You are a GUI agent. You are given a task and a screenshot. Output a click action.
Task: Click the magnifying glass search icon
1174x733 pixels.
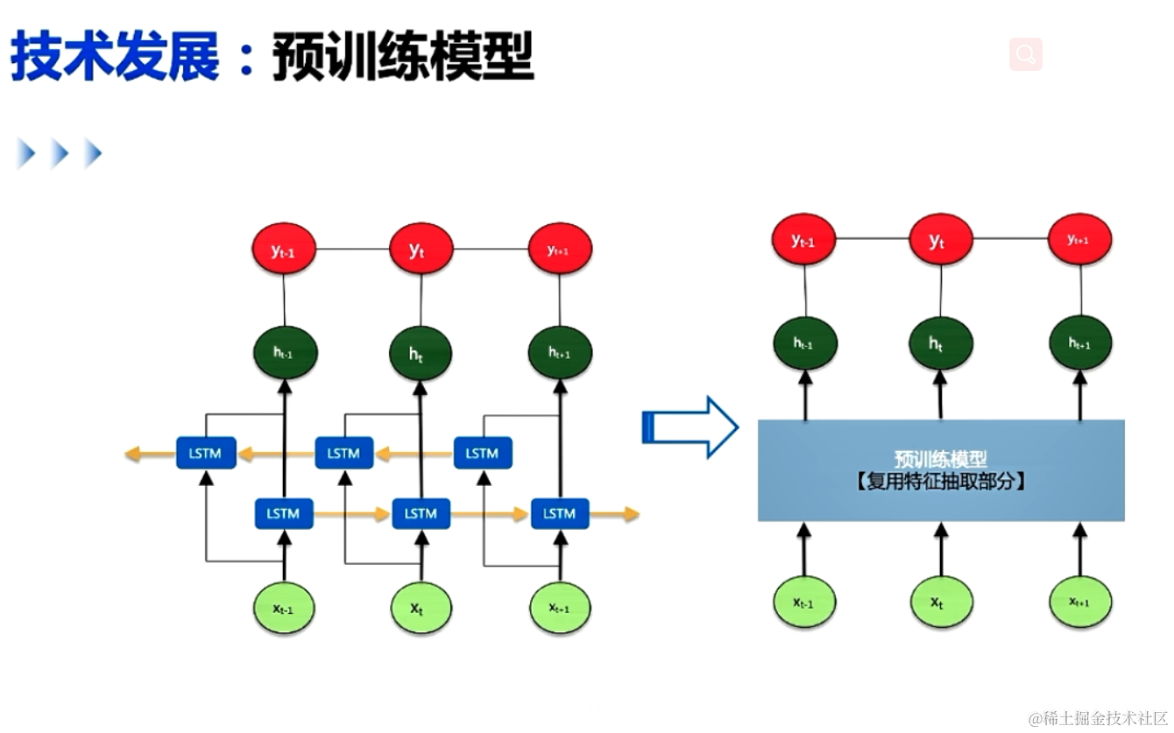coord(1025,54)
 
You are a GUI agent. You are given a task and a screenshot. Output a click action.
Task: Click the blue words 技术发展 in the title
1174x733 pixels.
coord(115,58)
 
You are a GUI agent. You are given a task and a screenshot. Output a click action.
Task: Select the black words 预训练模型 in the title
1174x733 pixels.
coord(403,58)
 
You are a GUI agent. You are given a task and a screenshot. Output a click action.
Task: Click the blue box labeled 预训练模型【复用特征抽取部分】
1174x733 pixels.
coord(941,470)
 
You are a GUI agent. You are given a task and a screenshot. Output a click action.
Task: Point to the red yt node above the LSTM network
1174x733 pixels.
coord(421,250)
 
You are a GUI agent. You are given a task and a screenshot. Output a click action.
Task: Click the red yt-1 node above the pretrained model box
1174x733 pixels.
coord(803,240)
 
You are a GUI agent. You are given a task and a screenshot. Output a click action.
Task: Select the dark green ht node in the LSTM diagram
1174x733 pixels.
coord(421,353)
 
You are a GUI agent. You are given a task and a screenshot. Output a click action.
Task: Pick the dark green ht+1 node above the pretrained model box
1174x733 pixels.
coord(1080,343)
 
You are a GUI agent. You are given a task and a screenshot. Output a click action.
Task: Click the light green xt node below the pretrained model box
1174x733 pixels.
coord(941,603)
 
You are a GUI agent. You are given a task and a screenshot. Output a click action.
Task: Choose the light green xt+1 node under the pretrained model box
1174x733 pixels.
coord(1080,603)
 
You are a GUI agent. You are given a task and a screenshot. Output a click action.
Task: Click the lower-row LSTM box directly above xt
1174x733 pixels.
coord(421,513)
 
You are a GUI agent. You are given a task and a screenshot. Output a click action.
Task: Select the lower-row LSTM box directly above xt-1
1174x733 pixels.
coord(283,513)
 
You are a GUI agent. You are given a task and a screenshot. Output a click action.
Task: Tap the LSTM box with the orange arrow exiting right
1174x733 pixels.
coord(559,513)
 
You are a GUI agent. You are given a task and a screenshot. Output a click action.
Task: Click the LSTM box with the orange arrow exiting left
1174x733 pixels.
coord(205,453)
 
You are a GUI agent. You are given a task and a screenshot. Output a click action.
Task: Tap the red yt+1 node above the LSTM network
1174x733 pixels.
coord(560,250)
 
